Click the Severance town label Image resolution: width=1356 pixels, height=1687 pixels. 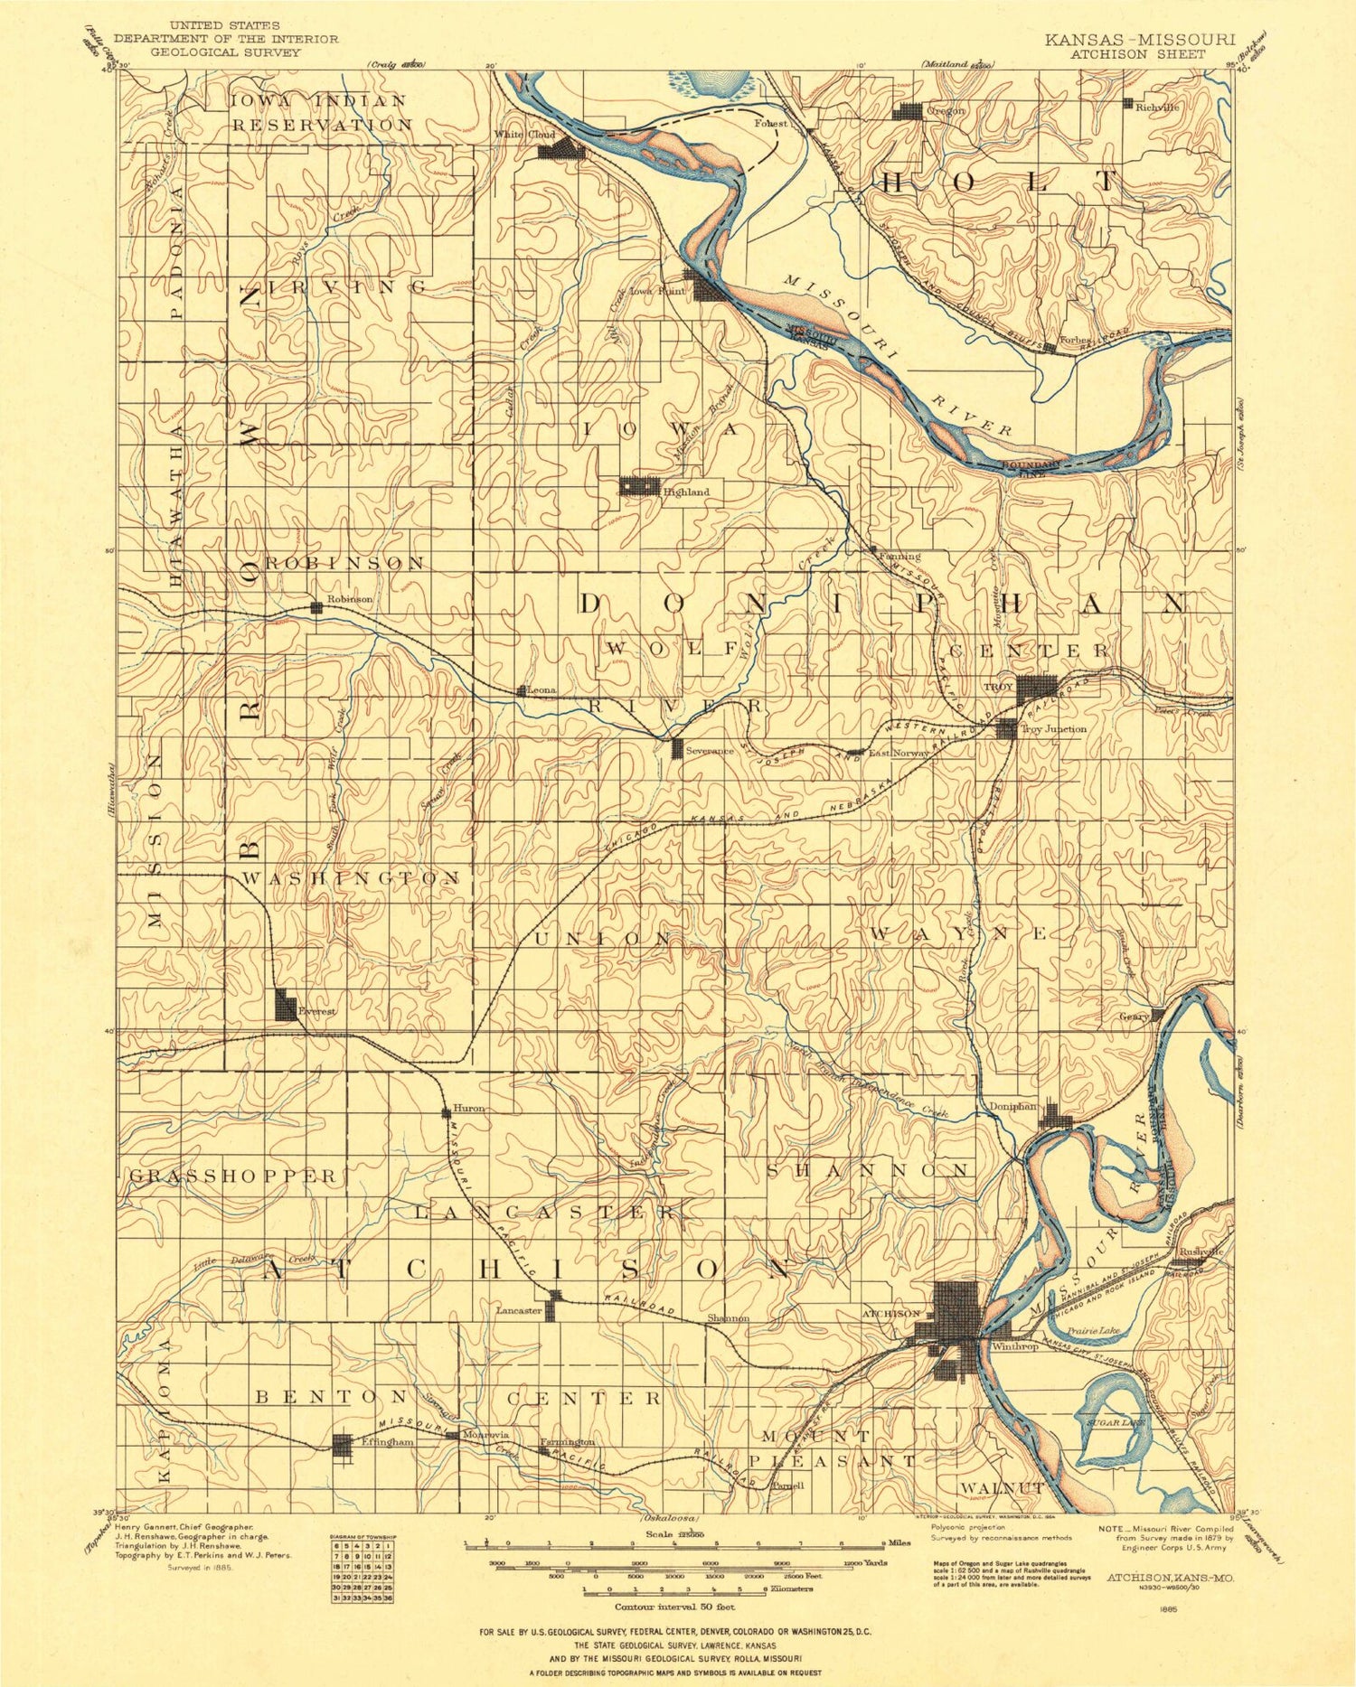coord(710,751)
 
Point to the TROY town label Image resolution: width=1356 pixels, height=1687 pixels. coord(998,687)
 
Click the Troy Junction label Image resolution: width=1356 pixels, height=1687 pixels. coord(1053,729)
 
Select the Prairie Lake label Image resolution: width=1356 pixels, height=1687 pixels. coord(1093,1330)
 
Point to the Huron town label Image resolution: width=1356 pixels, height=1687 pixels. coord(468,1108)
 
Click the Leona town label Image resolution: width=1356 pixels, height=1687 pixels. coord(542,690)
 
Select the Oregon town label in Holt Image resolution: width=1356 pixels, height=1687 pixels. coord(946,110)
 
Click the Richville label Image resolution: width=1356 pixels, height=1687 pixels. coord(1158,106)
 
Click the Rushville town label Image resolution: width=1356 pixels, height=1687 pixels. coord(1201,1251)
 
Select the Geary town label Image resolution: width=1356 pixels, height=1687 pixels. coord(1134,1017)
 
